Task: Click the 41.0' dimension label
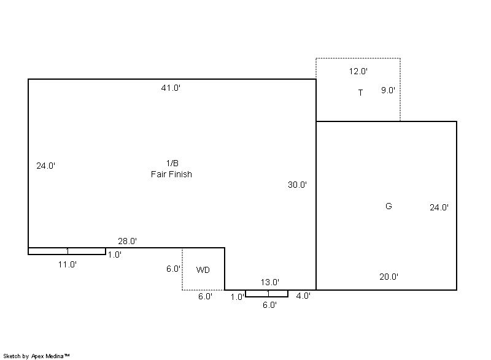[171, 88]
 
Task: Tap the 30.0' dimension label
[297, 185]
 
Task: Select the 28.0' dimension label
[128, 241]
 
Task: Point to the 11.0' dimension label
[68, 264]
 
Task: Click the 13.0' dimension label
[270, 282]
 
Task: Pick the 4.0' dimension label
[303, 296]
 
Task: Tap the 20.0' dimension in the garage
[389, 277]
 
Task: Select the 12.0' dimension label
[358, 71]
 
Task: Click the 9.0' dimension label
[388, 90]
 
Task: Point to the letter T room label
[360, 93]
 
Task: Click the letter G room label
[389, 206]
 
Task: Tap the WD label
[203, 270]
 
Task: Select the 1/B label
[172, 163]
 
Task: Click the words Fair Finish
[171, 174]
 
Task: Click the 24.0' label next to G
[439, 207]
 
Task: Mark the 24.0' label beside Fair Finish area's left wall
[45, 166]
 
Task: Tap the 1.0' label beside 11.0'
[115, 255]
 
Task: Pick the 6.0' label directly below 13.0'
[269, 305]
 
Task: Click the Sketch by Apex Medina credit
[36, 356]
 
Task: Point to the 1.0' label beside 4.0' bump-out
[238, 297]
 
